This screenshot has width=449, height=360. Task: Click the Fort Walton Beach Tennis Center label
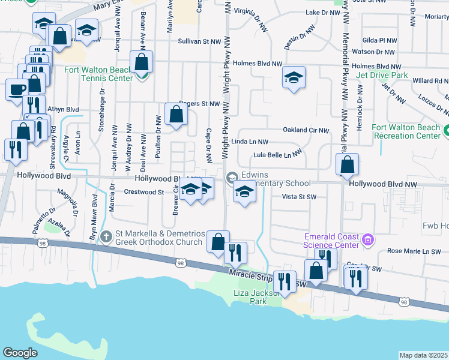point(98,74)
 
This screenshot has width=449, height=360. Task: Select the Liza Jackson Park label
point(258,297)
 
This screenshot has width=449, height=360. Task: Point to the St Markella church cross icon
point(106,235)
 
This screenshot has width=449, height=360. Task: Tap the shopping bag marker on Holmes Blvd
point(142,61)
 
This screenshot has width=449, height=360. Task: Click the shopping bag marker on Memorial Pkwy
point(348,164)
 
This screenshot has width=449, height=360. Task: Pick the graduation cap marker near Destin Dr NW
point(294,78)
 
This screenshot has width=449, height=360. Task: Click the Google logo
point(20,352)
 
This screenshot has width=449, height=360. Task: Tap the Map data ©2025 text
point(423,355)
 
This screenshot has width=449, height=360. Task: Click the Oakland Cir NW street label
point(306,130)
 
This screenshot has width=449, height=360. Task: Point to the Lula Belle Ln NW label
point(276,154)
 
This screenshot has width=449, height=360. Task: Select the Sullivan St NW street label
point(200,41)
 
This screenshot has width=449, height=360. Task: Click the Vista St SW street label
point(299,196)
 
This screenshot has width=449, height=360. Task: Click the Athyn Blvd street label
point(63,109)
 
